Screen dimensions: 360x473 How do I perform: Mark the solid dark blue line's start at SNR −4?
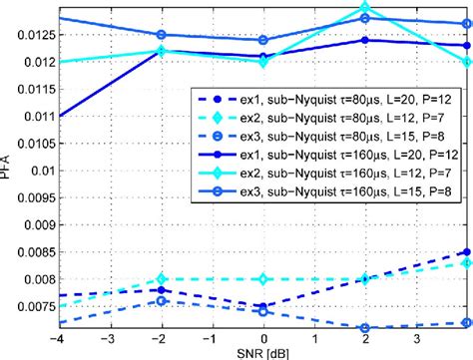point(60,116)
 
